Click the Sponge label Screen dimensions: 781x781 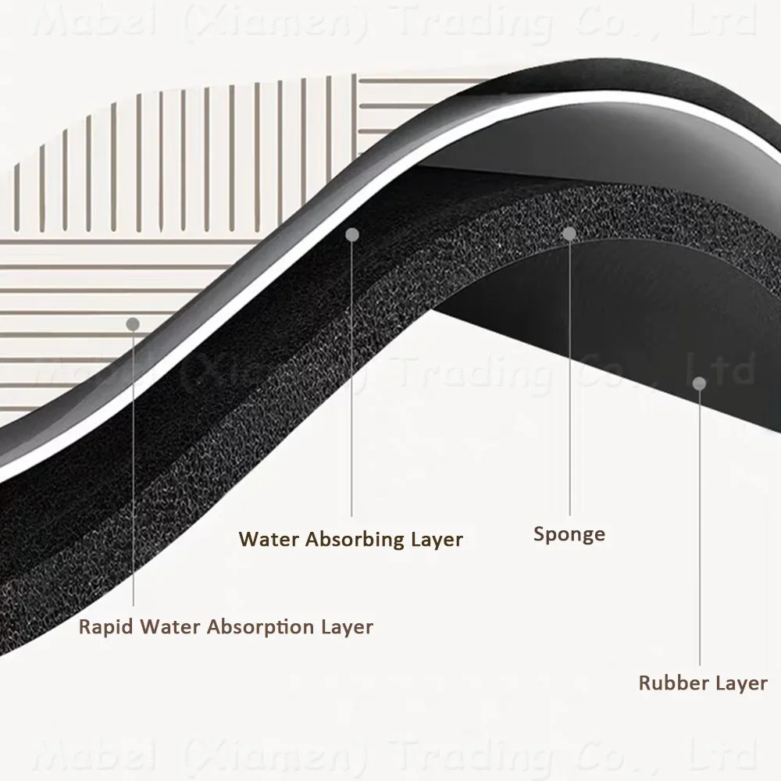[569, 535]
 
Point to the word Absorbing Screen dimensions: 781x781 [351, 539]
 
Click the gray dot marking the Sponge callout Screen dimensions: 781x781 [569, 233]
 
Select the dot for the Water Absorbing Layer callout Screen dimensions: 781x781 [352, 234]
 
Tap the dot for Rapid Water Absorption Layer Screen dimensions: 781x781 [133, 323]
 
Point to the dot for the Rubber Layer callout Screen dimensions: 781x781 [700, 383]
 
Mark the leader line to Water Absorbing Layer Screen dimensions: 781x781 [352, 375]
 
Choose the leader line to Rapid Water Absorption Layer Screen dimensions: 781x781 [134, 469]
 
